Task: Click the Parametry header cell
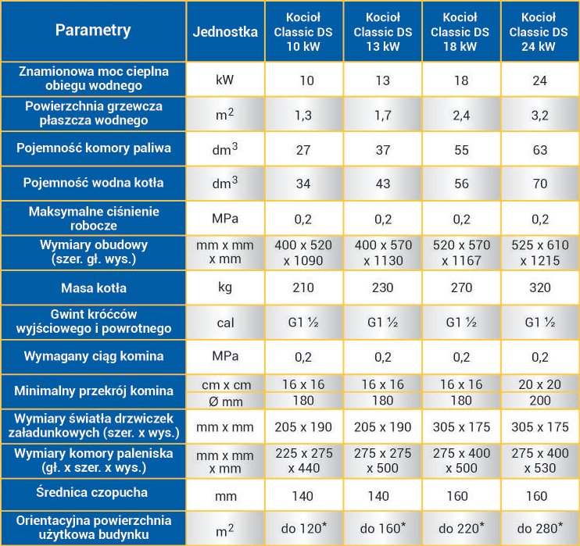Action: pos(93,31)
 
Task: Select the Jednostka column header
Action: pos(225,32)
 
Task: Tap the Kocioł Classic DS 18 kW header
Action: pos(460,32)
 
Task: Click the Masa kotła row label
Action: pos(93,287)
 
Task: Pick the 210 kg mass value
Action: pos(303,287)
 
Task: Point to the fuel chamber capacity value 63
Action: pos(539,148)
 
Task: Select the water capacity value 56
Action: pos(460,184)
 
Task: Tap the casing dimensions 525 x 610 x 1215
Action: pos(539,252)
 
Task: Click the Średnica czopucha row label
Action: pos(93,494)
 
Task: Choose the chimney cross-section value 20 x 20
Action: pos(539,384)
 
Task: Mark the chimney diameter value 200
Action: pos(539,400)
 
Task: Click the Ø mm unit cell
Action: pos(225,400)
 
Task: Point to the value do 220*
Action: pos(460,529)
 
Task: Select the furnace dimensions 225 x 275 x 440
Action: pos(303,461)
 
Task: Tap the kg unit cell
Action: pos(225,287)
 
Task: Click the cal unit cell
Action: pos(225,322)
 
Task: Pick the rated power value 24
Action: pos(539,80)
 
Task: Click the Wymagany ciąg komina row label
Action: pos(93,356)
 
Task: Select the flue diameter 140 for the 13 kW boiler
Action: pos(382,495)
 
